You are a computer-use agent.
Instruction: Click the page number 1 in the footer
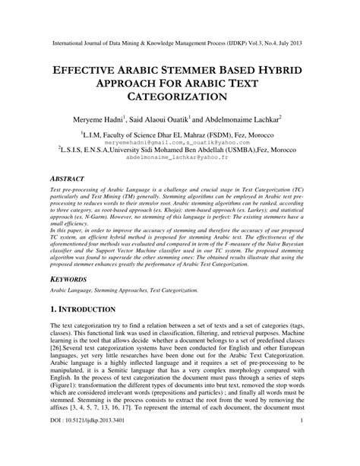point(302,442)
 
